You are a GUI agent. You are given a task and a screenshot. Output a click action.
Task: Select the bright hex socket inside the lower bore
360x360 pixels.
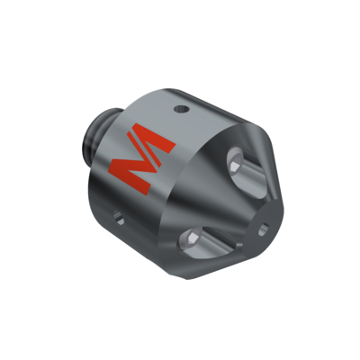coord(191,238)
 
